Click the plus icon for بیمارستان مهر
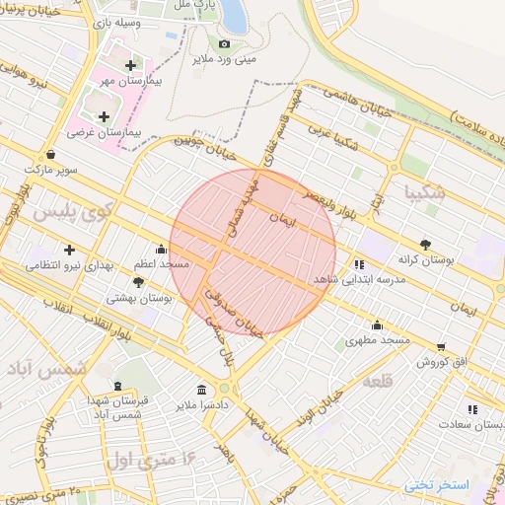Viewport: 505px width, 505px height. (x=130, y=65)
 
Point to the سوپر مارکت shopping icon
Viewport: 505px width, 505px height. (x=51, y=154)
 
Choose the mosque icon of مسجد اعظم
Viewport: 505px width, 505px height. (x=161, y=250)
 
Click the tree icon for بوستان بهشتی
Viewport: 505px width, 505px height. (x=137, y=282)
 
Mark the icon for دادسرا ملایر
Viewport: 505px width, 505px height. (x=201, y=389)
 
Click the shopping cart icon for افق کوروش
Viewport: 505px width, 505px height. (x=440, y=346)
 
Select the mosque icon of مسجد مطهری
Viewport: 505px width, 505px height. (x=377, y=325)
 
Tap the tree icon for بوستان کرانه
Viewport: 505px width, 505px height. (x=425, y=243)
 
